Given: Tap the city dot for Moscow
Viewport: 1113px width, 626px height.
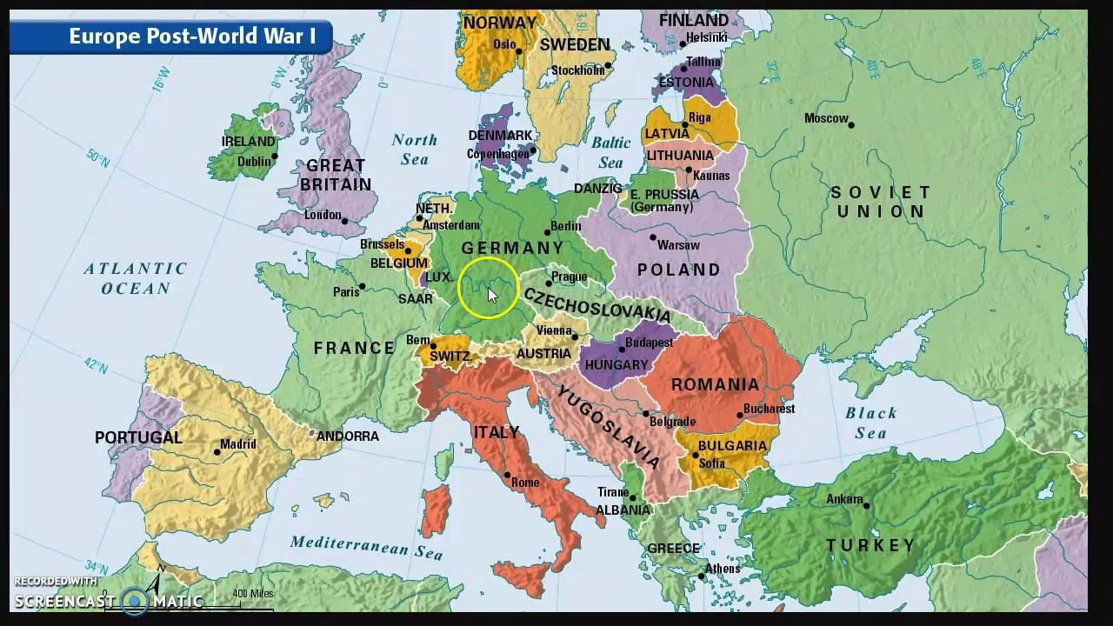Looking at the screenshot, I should [x=851, y=125].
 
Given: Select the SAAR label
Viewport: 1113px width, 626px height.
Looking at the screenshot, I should [x=415, y=298].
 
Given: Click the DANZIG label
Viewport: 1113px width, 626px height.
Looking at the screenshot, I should [x=597, y=189].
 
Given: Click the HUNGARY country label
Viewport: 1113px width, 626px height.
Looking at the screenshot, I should [x=616, y=365].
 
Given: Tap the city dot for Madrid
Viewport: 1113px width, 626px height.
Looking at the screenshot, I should [x=217, y=452].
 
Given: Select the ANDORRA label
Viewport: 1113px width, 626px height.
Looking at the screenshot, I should [x=347, y=436].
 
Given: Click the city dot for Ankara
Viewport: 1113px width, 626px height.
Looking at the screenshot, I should [x=867, y=505].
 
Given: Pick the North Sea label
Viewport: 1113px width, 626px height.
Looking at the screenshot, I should [x=414, y=150].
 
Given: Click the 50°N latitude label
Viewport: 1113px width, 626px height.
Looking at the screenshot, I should [x=97, y=159].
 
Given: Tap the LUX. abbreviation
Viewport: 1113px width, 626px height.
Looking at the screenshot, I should [x=438, y=277].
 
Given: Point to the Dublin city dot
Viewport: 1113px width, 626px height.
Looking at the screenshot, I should [x=275, y=157].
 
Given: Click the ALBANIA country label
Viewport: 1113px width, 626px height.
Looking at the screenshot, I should [x=623, y=510].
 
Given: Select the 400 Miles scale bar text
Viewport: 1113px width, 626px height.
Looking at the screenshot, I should [x=252, y=595].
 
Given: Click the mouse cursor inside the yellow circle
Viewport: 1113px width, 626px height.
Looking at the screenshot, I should [x=492, y=295].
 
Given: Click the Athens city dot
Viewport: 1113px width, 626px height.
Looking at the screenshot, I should [x=702, y=576].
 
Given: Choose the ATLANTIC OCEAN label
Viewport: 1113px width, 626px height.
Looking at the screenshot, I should [x=136, y=278].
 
